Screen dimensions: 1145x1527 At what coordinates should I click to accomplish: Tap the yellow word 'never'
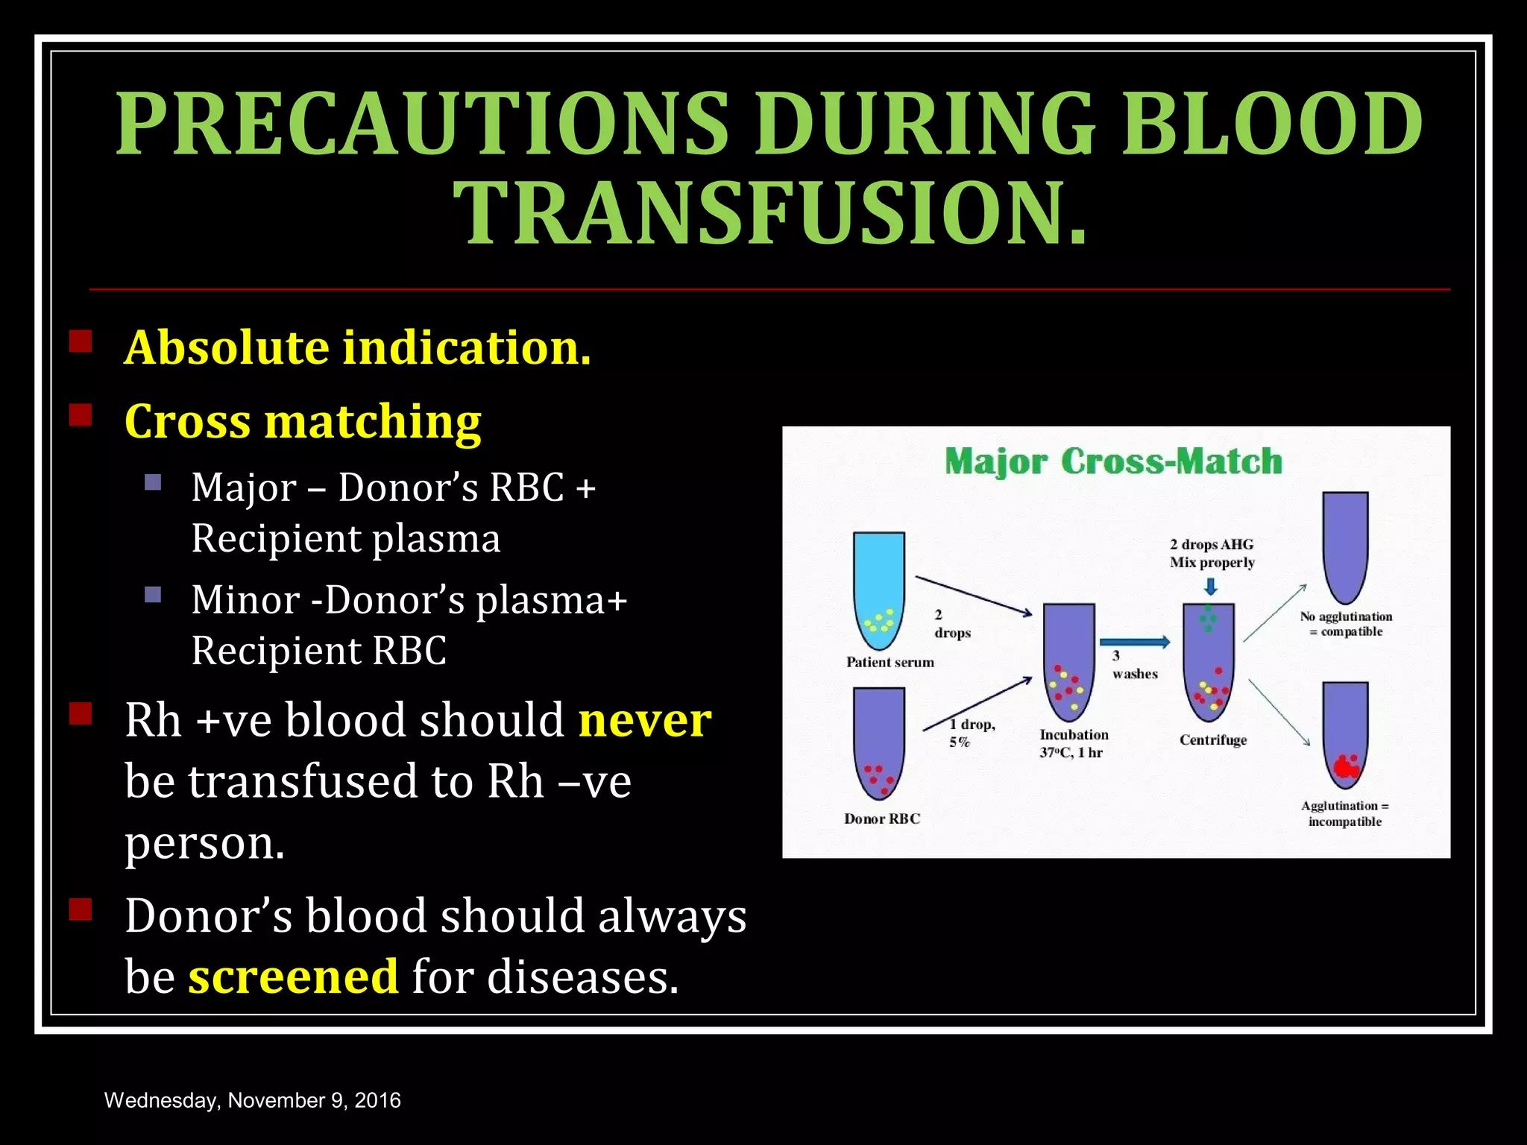pos(645,720)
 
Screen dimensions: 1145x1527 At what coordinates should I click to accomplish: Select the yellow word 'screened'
pos(293,977)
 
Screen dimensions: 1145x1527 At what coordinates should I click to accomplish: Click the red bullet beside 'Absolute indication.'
pos(81,342)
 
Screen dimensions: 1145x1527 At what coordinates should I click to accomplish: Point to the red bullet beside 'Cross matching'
pos(81,415)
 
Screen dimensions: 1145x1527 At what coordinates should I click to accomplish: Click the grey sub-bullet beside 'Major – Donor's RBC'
pos(153,482)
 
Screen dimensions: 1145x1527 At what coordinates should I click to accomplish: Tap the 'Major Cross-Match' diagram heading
pos(1113,461)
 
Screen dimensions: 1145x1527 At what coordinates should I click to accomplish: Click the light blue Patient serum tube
pos(879,589)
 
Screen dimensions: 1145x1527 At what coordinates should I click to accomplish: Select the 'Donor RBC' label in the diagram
pos(882,818)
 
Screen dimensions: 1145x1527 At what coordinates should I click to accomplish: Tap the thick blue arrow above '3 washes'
pos(1134,642)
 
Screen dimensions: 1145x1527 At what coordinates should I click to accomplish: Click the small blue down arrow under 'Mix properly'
pos(1211,586)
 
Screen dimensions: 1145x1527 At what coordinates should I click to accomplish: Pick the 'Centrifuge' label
pos(1213,740)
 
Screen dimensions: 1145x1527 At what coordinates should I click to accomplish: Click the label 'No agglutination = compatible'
pos(1347,624)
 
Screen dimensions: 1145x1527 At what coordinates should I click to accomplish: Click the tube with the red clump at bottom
pos(1345,736)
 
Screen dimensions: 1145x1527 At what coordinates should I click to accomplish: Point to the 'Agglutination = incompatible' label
pos(1345,813)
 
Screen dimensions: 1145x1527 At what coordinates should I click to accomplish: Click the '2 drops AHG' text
pos(1212,545)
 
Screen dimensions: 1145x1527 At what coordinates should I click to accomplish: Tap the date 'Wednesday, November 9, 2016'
pos(253,1100)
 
